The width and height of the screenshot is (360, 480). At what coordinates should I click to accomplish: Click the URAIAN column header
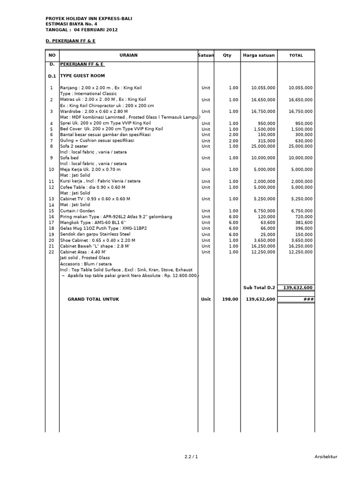tap(128, 55)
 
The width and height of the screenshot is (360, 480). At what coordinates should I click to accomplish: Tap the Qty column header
tap(227, 55)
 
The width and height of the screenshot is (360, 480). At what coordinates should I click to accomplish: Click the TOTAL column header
tap(296, 55)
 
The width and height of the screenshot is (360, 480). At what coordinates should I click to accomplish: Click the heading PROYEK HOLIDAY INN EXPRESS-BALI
tap(89, 18)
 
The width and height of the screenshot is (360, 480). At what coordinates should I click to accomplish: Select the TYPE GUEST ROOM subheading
tap(82, 75)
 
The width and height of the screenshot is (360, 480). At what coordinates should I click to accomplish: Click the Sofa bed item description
tap(69, 158)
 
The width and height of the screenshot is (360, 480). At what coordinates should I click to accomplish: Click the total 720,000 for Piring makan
tap(304, 217)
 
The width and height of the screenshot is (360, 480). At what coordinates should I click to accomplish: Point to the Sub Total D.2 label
tap(259, 287)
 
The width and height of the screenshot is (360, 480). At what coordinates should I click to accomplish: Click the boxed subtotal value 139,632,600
tap(296, 287)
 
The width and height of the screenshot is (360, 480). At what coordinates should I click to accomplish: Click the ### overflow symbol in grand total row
tap(308, 299)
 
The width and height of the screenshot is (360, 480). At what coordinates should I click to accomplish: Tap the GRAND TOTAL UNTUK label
tap(93, 299)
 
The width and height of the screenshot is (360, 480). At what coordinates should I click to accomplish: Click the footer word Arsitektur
tap(325, 457)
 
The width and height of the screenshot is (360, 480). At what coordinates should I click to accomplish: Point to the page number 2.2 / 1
tap(191, 457)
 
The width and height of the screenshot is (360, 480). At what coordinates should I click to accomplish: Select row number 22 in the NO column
tap(52, 252)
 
